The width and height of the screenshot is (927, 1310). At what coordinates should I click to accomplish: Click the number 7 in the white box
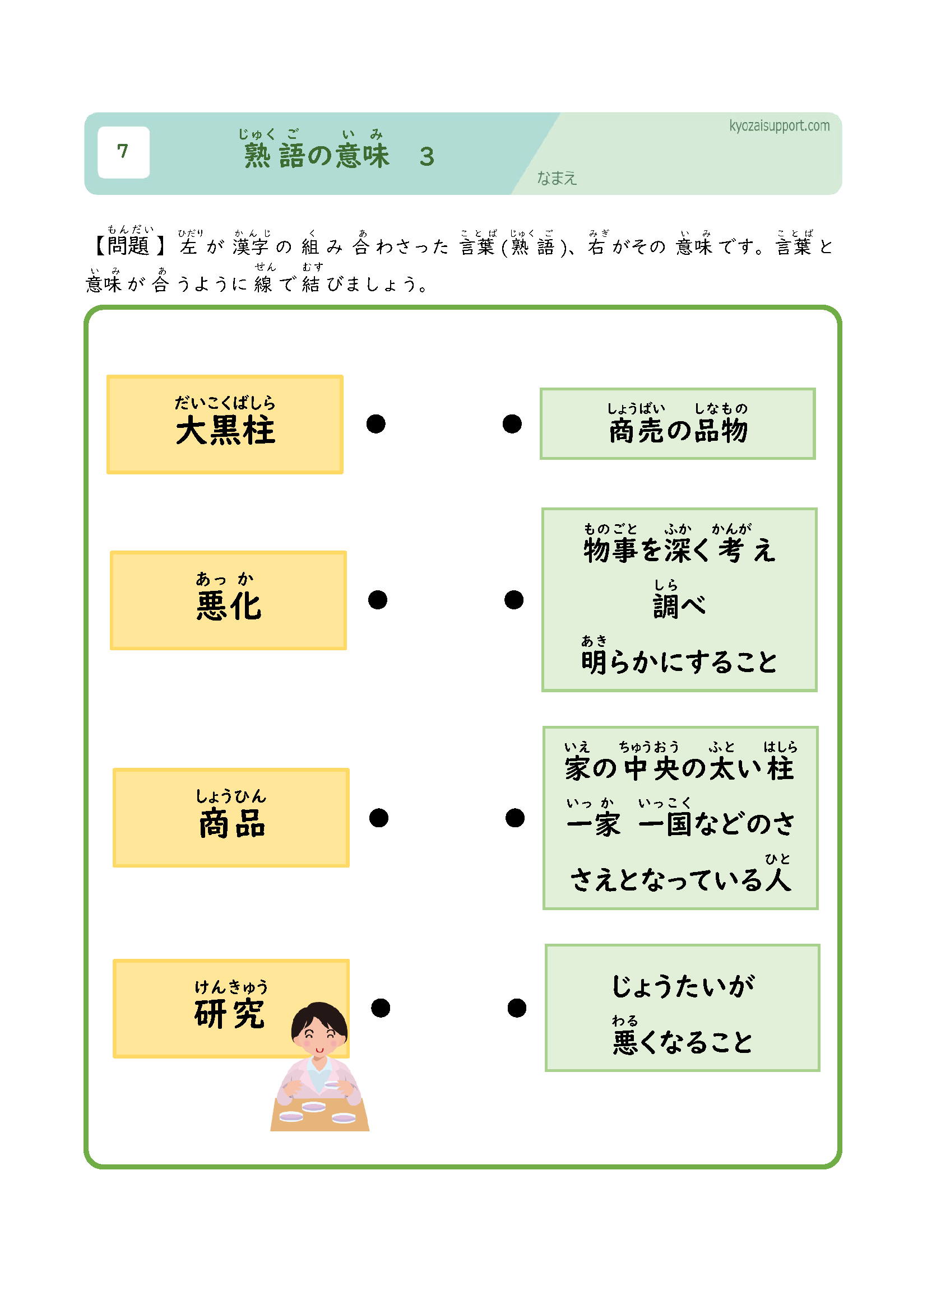[123, 151]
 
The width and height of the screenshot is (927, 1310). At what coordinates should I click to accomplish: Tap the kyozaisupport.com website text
[778, 126]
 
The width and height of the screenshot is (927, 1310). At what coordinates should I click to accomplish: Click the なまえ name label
[557, 179]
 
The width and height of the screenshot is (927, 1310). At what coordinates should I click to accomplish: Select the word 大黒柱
[225, 430]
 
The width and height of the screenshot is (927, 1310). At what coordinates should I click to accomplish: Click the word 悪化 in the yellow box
[228, 606]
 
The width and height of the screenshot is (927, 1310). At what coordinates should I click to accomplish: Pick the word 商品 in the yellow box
[232, 823]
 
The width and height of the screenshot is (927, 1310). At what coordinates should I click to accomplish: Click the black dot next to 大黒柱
[376, 424]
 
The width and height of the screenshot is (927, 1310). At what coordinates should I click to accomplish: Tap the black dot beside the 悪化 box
[377, 600]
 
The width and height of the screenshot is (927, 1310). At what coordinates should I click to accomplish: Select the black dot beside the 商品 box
[378, 818]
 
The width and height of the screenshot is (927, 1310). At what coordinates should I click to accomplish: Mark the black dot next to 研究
[380, 1008]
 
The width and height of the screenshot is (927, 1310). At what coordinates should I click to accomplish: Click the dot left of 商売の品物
[512, 424]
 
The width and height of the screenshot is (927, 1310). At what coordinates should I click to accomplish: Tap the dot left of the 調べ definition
[514, 600]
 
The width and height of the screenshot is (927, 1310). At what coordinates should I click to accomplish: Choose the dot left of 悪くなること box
[517, 1008]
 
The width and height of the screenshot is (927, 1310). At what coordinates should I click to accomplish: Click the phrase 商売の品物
[678, 431]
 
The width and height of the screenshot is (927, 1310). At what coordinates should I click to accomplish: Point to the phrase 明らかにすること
[679, 662]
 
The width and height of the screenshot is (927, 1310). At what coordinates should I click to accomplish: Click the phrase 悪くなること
[683, 1042]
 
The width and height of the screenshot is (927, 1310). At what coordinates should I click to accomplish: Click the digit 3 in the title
[427, 157]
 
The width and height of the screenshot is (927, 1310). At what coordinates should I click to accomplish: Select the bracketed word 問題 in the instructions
[128, 246]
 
